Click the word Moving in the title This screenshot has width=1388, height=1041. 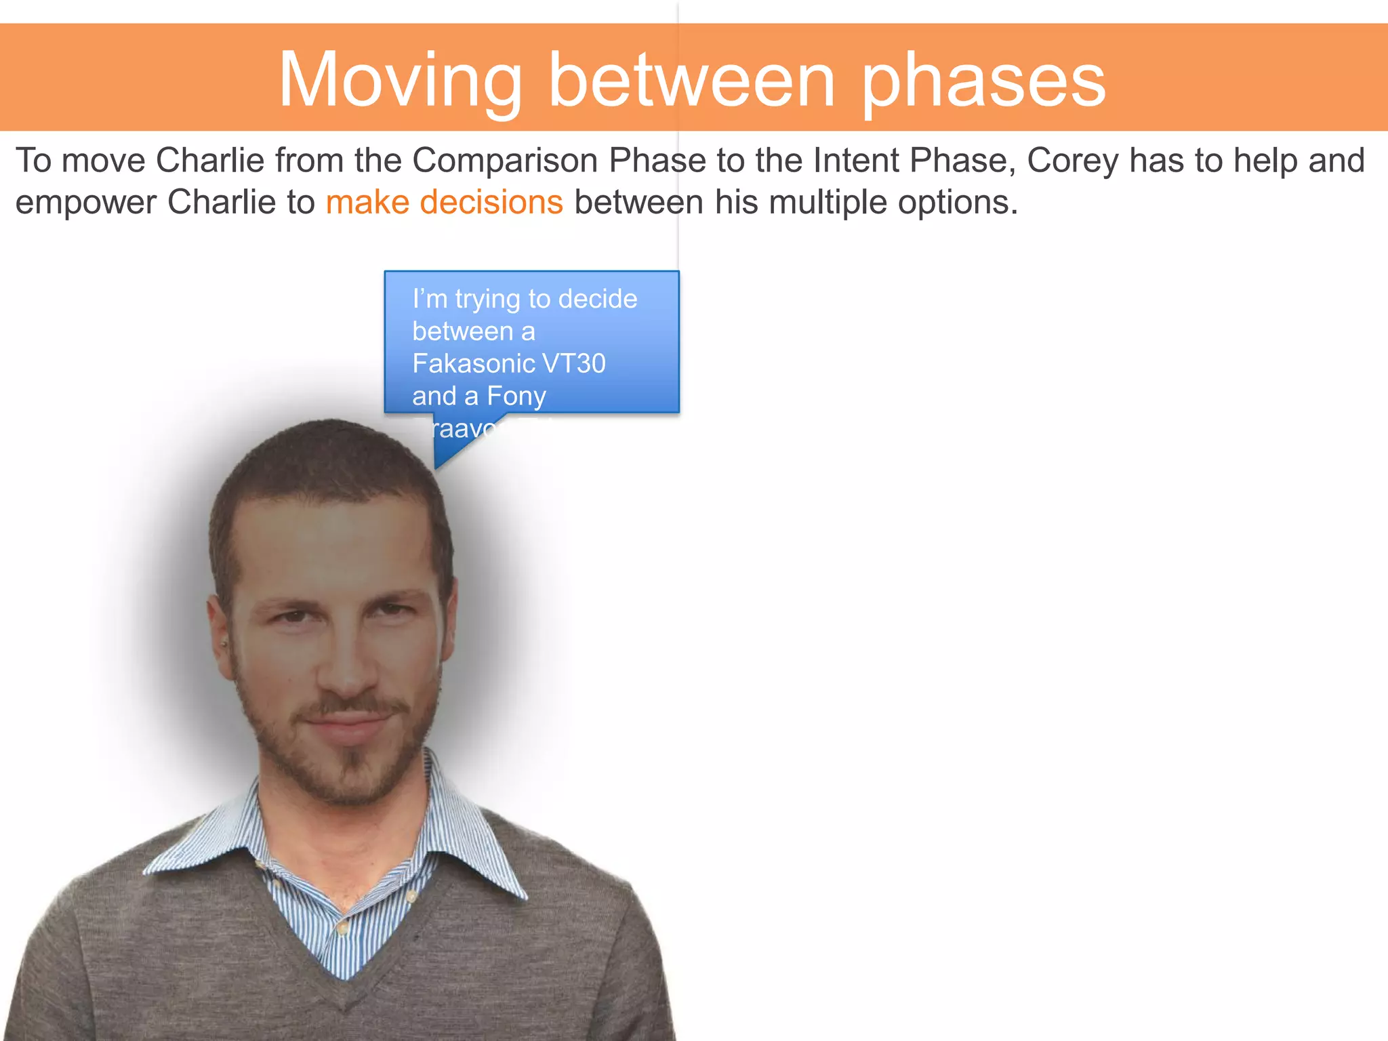(400, 81)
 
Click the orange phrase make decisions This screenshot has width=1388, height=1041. (444, 203)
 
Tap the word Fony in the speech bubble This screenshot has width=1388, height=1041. (516, 396)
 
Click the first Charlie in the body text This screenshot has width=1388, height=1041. (210, 161)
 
